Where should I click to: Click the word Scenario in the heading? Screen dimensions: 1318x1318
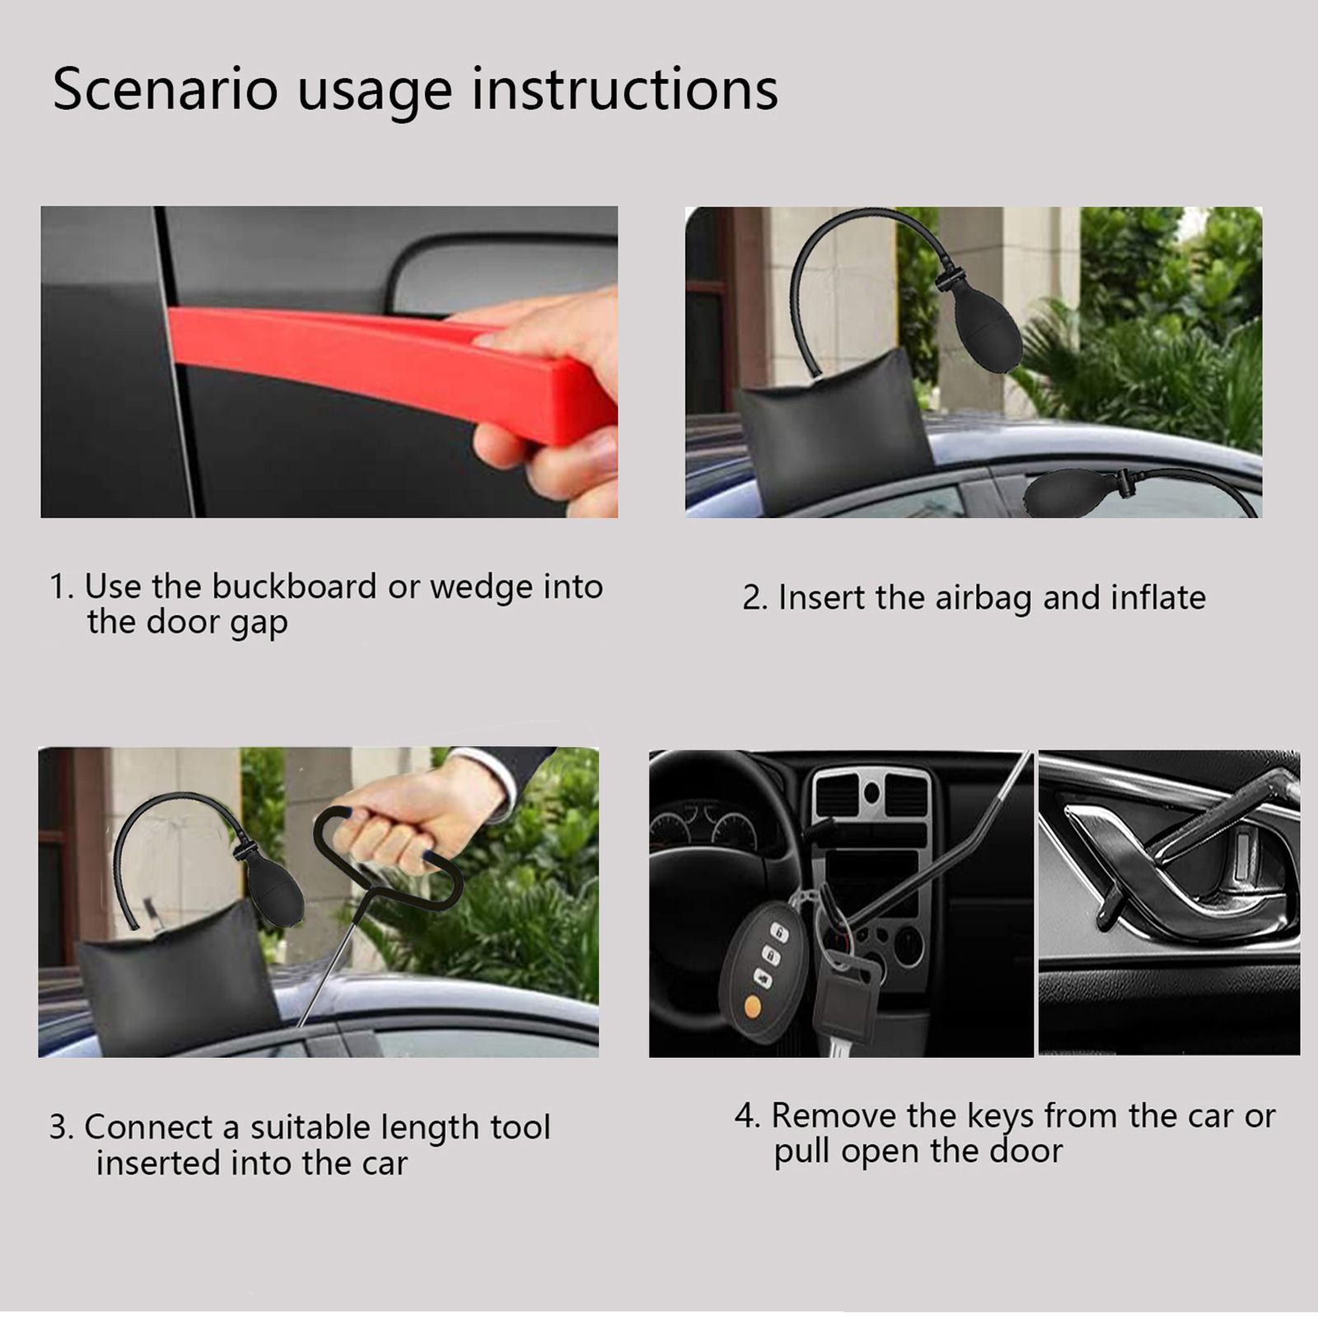click(166, 89)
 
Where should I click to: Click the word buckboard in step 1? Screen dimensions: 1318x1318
click(294, 587)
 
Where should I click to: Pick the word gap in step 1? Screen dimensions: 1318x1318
click(258, 624)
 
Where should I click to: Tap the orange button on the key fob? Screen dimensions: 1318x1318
click(752, 1006)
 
